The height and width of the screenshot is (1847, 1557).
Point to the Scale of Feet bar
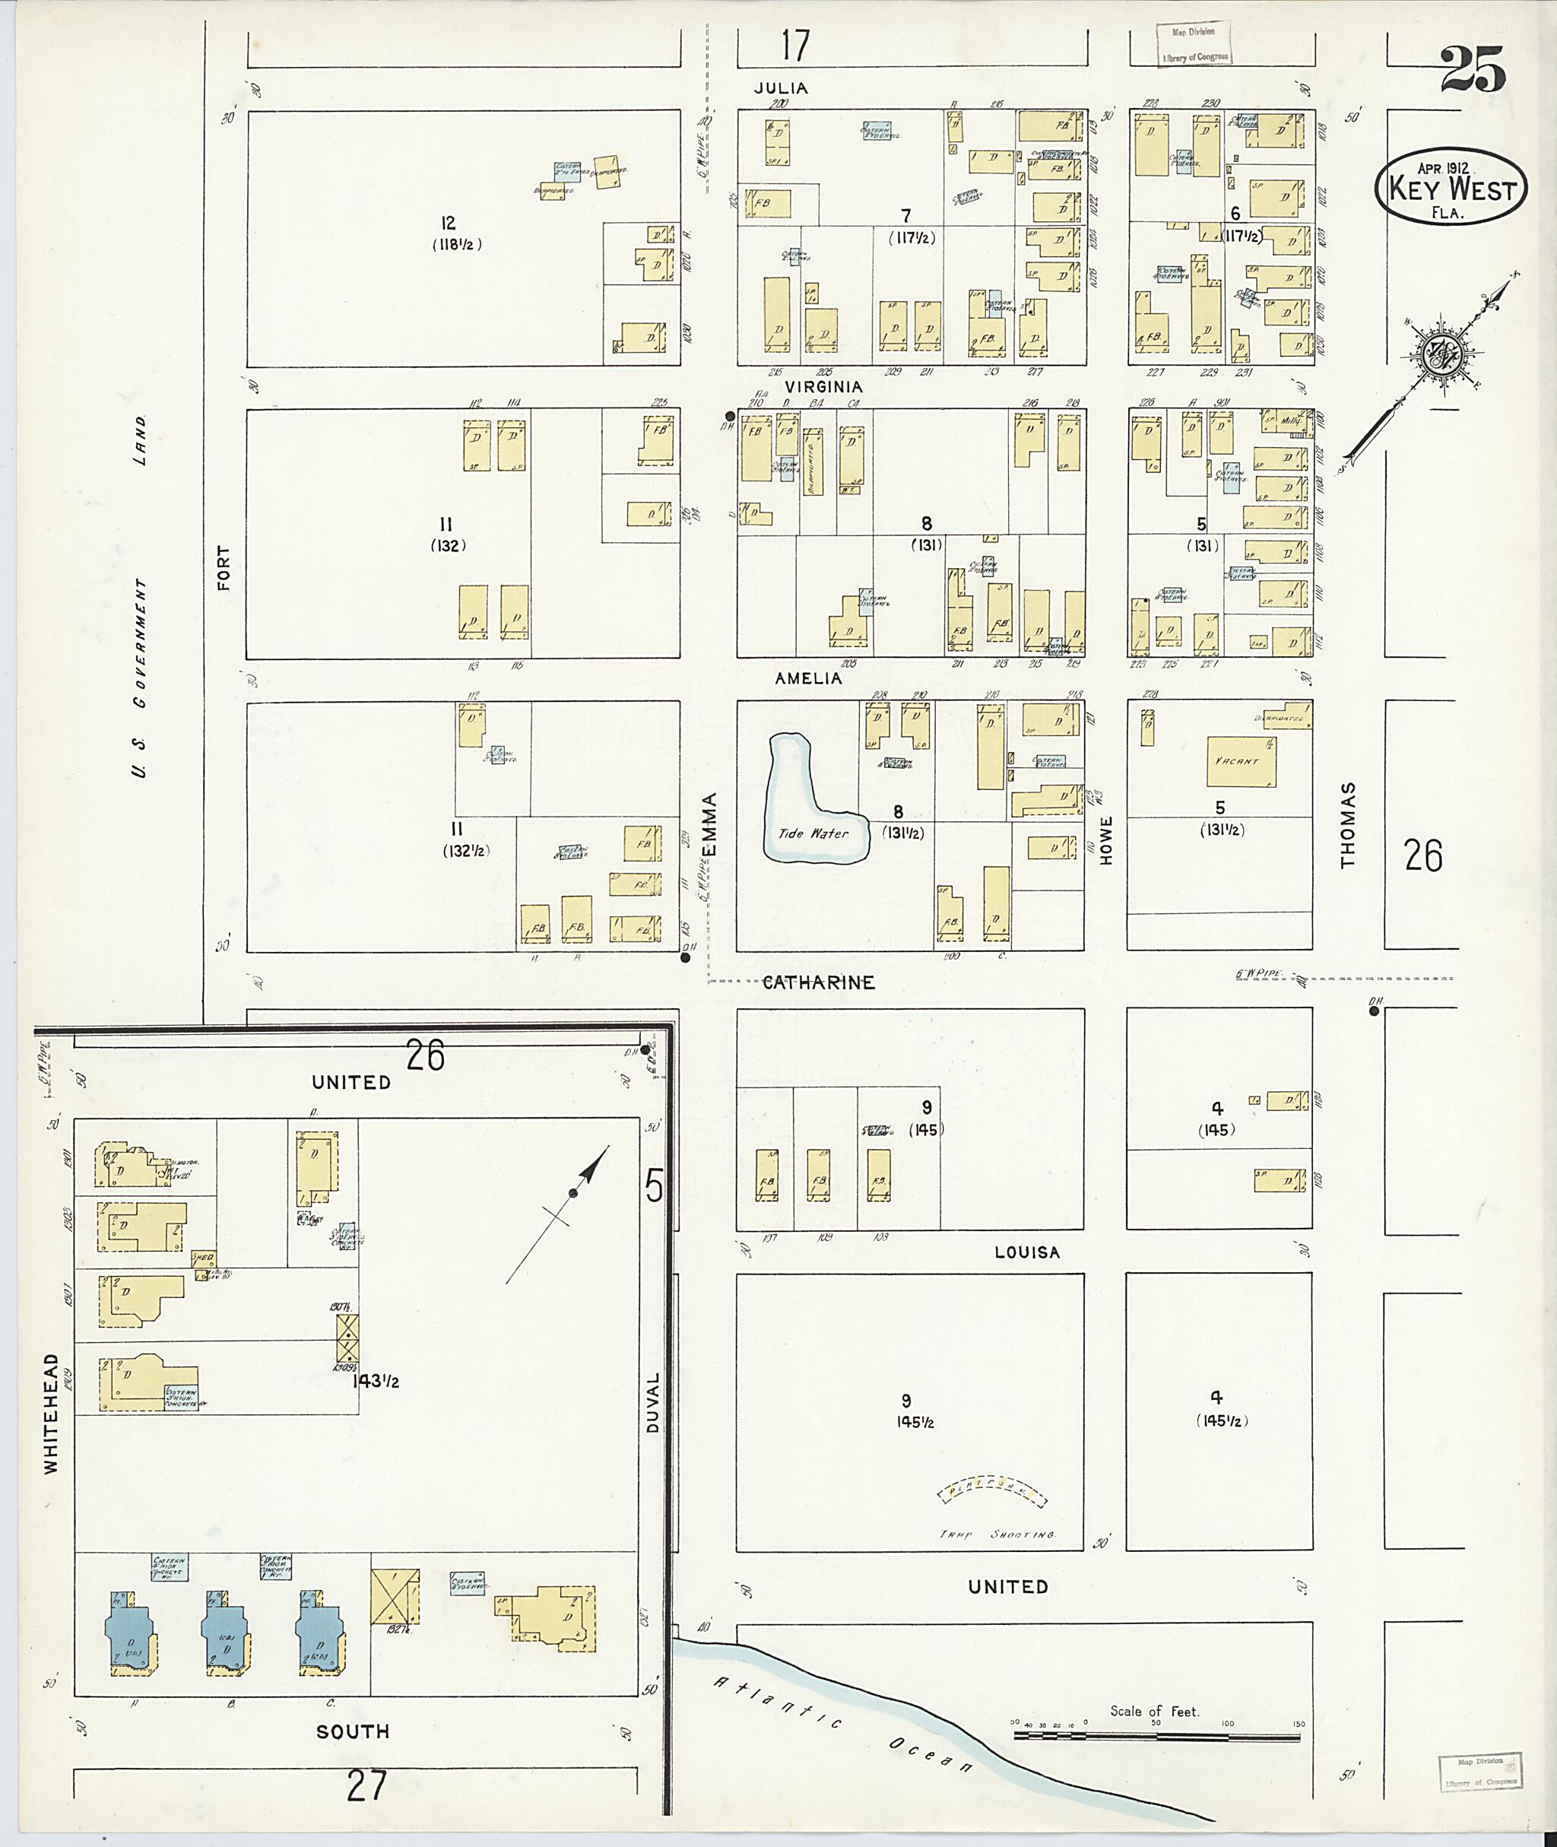[1156, 1736]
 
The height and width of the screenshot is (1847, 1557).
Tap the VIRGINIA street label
[823, 387]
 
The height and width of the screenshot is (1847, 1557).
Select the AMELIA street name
[807, 678]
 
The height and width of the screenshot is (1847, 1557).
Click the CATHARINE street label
[818, 982]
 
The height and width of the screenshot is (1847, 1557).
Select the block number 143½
[375, 1382]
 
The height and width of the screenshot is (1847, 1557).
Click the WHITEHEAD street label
[51, 1413]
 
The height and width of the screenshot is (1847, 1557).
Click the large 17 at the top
[794, 46]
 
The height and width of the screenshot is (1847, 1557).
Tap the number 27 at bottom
[366, 1787]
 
